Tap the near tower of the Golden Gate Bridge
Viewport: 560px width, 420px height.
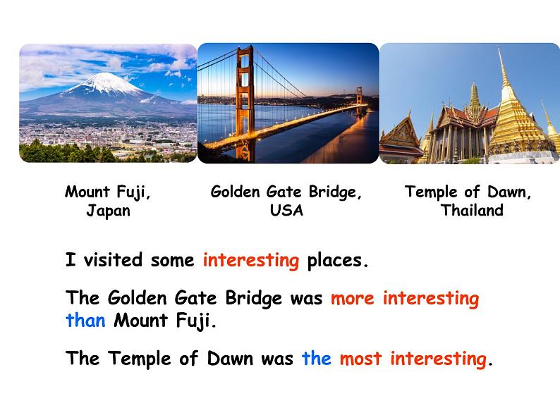tap(245, 104)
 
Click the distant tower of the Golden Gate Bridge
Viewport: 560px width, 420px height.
tap(358, 101)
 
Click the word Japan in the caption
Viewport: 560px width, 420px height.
tap(108, 210)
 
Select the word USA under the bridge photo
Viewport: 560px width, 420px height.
tap(286, 210)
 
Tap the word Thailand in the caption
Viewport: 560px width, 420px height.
tap(472, 210)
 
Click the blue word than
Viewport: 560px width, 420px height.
tap(86, 320)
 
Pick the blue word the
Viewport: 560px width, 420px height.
tap(317, 358)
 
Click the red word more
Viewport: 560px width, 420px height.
tap(353, 298)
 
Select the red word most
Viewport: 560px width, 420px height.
tap(360, 358)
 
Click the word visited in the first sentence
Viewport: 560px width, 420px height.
tap(113, 259)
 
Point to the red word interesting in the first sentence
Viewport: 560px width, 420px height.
tap(251, 261)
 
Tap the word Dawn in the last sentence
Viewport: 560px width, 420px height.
tap(230, 358)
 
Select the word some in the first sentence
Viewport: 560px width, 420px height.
tap(173, 261)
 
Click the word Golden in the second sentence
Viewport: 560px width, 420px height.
tap(137, 297)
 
